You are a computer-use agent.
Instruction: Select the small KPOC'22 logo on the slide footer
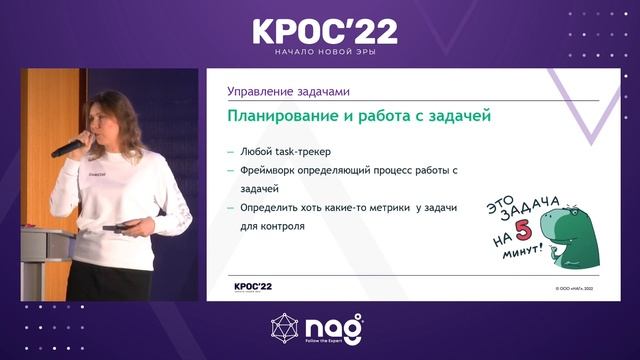[252, 286]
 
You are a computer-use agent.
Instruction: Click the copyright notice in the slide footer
[582, 288]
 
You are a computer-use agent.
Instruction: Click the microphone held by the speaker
[69, 148]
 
